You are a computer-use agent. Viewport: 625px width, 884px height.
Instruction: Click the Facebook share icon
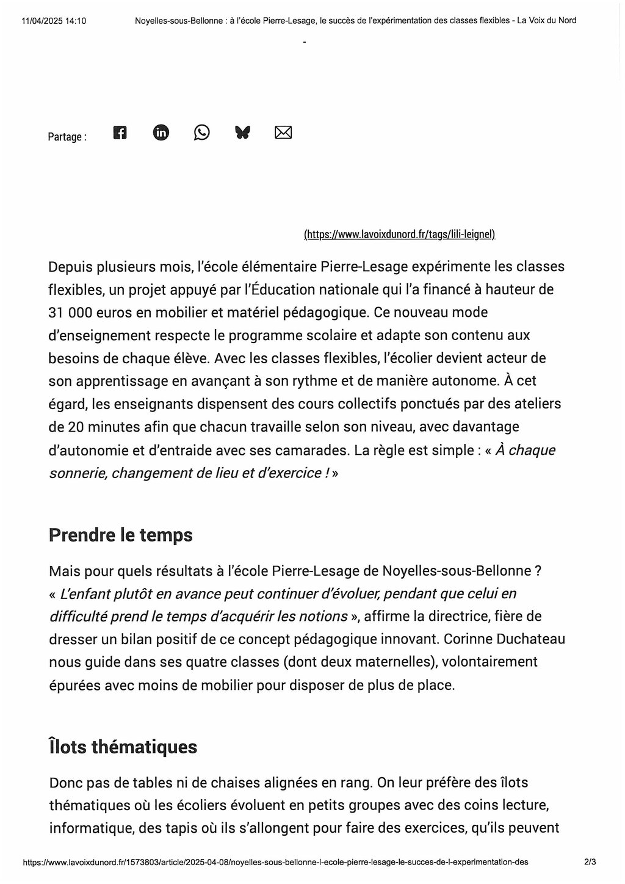tap(120, 132)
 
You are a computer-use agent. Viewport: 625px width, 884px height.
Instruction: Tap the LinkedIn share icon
tap(161, 132)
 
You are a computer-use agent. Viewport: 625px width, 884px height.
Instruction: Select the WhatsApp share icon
tap(201, 132)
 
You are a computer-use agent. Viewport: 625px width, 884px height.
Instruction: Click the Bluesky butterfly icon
tap(242, 132)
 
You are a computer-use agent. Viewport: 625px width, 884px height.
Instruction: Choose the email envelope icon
tap(283, 132)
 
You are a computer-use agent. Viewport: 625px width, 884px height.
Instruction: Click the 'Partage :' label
tap(67, 137)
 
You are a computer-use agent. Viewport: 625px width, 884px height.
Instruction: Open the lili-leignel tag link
tap(399, 234)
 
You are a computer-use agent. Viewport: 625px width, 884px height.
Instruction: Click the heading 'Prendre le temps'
tap(120, 535)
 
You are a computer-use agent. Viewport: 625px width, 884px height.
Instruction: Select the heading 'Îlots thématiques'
tap(123, 747)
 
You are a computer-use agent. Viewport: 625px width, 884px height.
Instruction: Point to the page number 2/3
tap(590, 862)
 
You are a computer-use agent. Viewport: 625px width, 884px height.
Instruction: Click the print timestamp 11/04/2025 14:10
tap(54, 21)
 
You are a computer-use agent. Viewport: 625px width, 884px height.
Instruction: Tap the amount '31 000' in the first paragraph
tap(70, 313)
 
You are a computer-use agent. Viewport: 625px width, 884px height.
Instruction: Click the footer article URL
tap(275, 862)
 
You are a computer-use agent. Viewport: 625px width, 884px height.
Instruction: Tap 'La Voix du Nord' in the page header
tap(547, 21)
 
